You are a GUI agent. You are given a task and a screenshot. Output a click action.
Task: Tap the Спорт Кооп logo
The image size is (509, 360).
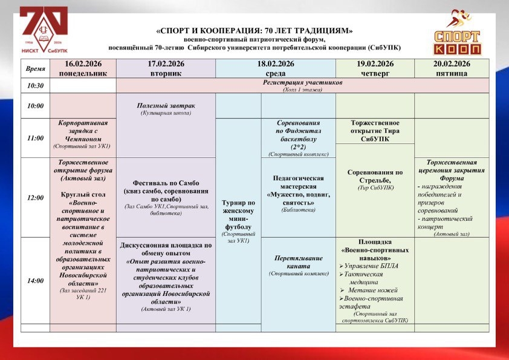pos(458,34)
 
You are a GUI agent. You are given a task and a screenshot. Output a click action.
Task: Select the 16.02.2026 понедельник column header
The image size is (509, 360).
pos(82,68)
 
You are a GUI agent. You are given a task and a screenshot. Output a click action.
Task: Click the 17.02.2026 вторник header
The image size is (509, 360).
pos(165,68)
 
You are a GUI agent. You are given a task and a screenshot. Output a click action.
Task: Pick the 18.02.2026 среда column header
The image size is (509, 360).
pos(275,68)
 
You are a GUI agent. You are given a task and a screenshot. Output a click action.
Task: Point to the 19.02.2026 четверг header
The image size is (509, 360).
pos(375,68)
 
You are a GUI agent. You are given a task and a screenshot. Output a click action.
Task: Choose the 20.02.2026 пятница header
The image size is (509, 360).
pos(452,68)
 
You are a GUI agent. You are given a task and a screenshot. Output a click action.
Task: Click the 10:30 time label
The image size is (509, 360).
pos(35,86)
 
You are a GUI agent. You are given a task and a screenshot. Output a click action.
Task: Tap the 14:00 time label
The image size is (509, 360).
pos(35,281)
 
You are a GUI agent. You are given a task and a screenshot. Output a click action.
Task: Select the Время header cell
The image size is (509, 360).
pos(35,69)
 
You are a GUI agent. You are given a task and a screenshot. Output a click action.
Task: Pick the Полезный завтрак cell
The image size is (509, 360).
pos(166,109)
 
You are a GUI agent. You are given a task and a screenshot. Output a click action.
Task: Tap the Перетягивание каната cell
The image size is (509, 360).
pos(298,265)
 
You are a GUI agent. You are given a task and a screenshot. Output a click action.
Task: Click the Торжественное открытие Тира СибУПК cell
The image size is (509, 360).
pos(375,131)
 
